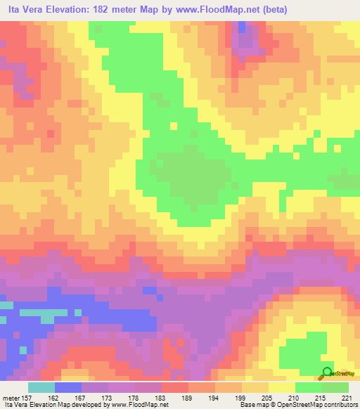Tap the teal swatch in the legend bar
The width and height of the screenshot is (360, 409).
pos(41,388)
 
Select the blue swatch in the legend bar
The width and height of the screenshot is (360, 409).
pos(68,388)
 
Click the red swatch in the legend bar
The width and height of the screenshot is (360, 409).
pos(175,388)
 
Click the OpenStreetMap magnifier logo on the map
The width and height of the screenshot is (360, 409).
pos(327,372)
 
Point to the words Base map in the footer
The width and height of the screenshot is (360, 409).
pos(254,405)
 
